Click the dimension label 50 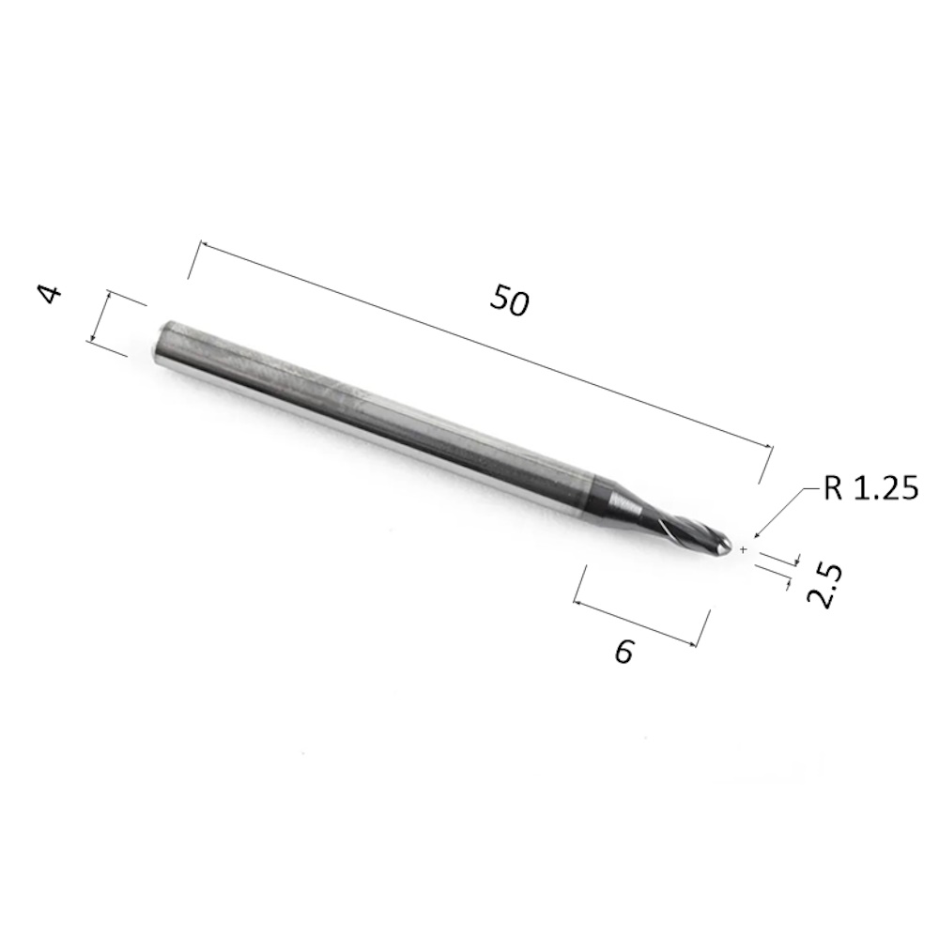click(x=510, y=300)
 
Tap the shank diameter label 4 click(x=51, y=294)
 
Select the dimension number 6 click(x=623, y=651)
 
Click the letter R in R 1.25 click(x=832, y=488)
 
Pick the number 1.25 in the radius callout click(x=885, y=488)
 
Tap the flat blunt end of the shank click(x=162, y=344)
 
